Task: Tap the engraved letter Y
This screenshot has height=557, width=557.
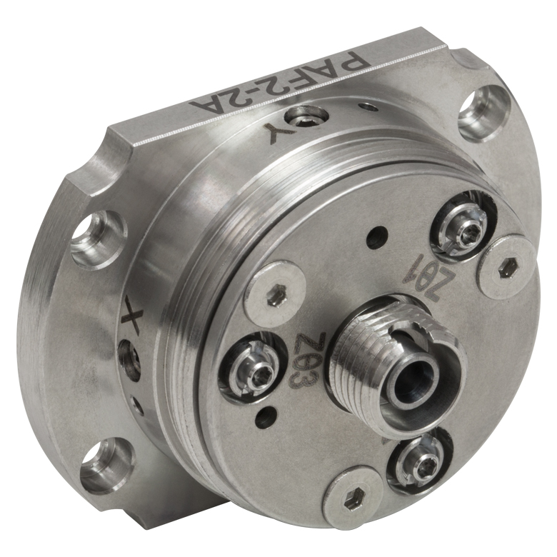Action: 281,134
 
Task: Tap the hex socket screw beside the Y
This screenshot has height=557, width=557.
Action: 307,119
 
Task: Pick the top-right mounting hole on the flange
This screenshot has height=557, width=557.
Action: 486,111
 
